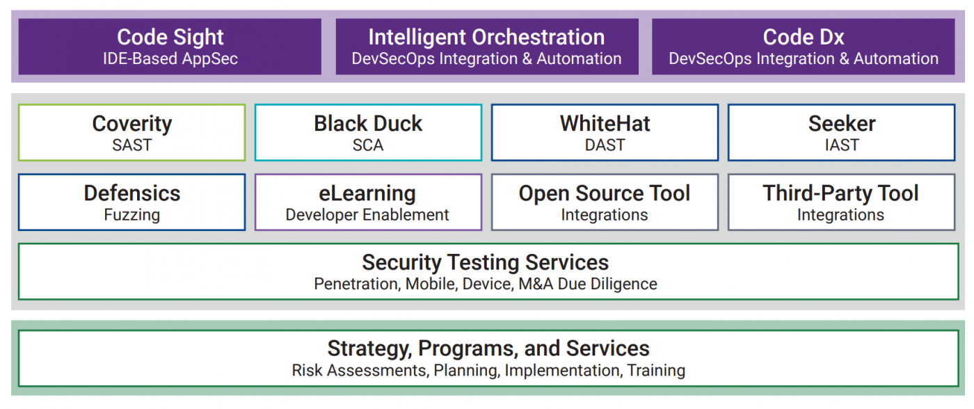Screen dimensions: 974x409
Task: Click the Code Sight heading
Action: click(x=170, y=38)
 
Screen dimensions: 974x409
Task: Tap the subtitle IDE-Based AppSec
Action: click(x=170, y=58)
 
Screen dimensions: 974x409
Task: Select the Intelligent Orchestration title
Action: click(x=486, y=38)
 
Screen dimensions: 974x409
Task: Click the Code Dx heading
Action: click(x=804, y=37)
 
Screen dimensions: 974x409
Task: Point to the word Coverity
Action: click(x=132, y=125)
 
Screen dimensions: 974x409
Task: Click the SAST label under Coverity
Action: click(x=132, y=145)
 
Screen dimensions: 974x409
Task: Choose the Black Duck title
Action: click(x=368, y=123)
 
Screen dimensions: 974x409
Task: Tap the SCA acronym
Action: click(x=368, y=145)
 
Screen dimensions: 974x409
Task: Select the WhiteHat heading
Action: click(x=605, y=123)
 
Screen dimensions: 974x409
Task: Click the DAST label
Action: click(x=605, y=145)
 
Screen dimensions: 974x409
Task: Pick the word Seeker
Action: click(x=842, y=123)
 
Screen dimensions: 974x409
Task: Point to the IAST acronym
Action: click(x=842, y=145)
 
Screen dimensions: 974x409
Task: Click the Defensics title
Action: click(x=132, y=193)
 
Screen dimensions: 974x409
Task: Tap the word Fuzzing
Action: click(x=132, y=215)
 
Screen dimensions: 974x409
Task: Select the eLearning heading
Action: click(x=367, y=194)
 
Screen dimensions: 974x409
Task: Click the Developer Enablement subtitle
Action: click(x=367, y=215)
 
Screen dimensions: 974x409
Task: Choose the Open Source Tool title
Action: click(x=605, y=194)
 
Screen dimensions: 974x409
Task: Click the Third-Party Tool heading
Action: click(x=841, y=194)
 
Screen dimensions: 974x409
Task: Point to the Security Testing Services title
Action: click(x=486, y=263)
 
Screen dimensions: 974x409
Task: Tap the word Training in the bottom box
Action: click(x=656, y=370)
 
